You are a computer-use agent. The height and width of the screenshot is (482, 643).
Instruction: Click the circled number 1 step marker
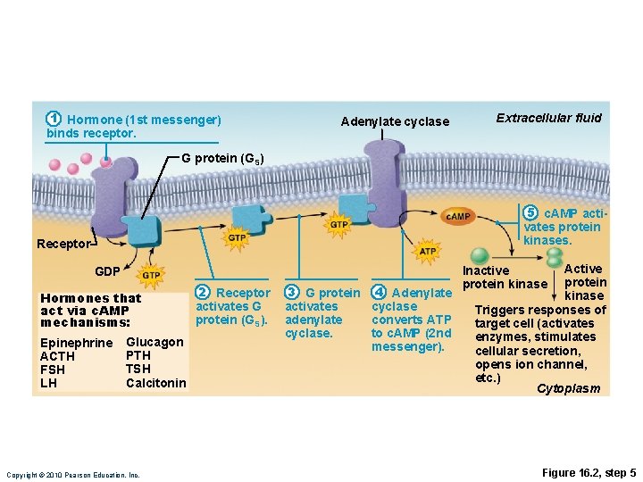54,119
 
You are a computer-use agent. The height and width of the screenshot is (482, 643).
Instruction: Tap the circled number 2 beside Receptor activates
203,293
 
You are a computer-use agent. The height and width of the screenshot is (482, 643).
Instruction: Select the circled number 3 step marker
291,293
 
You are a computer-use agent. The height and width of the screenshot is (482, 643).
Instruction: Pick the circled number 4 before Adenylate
379,293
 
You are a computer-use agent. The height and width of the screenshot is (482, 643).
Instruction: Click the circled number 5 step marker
530,212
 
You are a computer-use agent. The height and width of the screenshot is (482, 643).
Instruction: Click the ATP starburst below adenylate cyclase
428,252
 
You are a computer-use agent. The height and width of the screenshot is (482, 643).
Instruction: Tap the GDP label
107,270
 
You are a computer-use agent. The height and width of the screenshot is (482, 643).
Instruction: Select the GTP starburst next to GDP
151,277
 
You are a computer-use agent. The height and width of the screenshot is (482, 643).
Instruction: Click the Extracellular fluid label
548,118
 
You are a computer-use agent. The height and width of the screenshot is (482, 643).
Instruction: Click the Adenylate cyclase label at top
395,121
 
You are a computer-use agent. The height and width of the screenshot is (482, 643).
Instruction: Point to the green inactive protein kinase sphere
480,254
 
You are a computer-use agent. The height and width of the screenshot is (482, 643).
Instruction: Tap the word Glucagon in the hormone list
154,342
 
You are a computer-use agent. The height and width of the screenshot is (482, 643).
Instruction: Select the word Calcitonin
156,383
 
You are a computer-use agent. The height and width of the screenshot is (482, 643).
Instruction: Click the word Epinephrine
77,344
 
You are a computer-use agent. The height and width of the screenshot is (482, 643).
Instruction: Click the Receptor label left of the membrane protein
63,244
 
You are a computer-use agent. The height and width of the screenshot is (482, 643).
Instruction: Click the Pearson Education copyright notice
72,475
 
